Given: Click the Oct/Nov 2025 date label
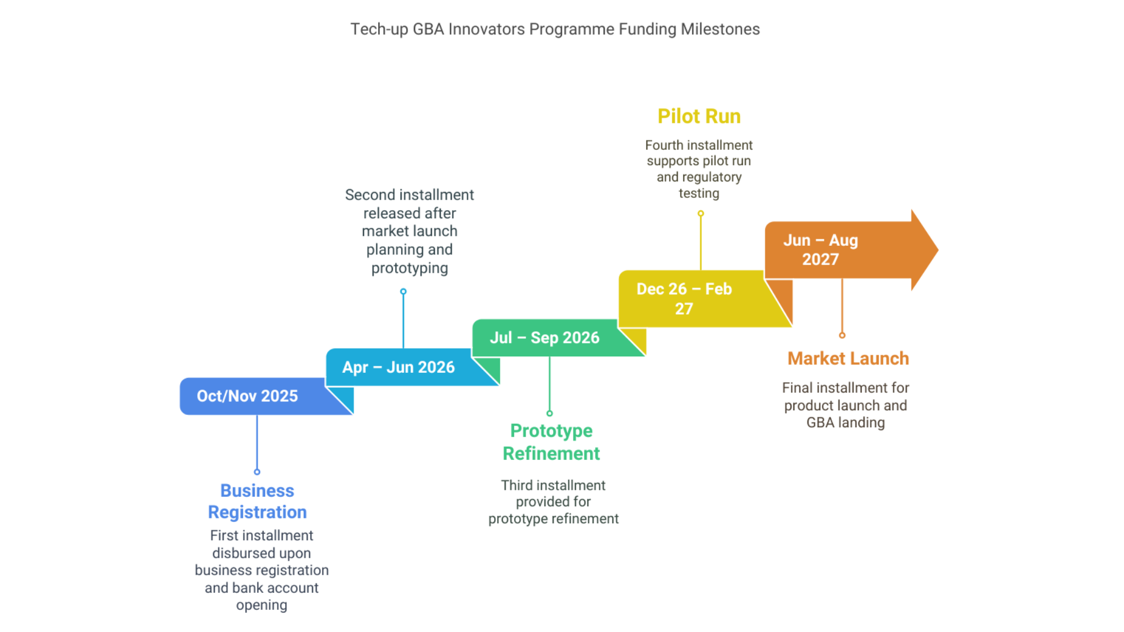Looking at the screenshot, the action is pyautogui.click(x=247, y=396).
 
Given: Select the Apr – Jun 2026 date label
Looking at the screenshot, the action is pyautogui.click(x=398, y=367).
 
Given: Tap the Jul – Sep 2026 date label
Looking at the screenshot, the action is pyautogui.click(x=544, y=338).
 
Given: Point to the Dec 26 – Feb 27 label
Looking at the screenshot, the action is pyautogui.click(x=684, y=298).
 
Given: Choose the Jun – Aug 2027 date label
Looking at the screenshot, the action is pyautogui.click(x=820, y=250).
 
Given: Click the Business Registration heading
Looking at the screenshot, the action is pyautogui.click(x=257, y=501).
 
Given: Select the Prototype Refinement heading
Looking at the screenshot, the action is pyautogui.click(x=551, y=442).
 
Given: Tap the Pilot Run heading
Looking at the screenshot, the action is pyautogui.click(x=699, y=116).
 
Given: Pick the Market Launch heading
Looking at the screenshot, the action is pyautogui.click(x=848, y=358).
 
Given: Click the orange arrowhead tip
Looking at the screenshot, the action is pyautogui.click(x=938, y=250).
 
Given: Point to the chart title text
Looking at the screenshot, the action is pyautogui.click(x=555, y=29).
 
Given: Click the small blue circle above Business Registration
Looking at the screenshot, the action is pyautogui.click(x=257, y=472).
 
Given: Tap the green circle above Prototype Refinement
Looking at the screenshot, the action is pyautogui.click(x=550, y=413).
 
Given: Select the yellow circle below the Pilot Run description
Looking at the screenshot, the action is pyautogui.click(x=701, y=214).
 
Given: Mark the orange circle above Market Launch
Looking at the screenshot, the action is pyautogui.click(x=842, y=335).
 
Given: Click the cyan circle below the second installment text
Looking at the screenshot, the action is pyautogui.click(x=403, y=291).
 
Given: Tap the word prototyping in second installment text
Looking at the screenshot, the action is pyautogui.click(x=410, y=269).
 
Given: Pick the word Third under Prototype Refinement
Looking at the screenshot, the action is pyautogui.click(x=517, y=486).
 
